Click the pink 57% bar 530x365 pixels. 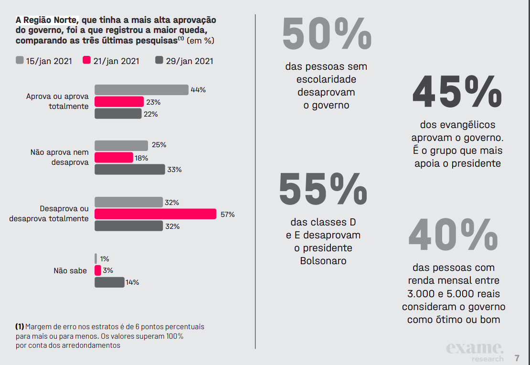click(x=155, y=214)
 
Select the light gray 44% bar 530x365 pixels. click(x=141, y=89)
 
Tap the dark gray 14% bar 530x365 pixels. click(x=109, y=282)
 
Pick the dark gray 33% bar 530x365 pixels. click(x=129, y=169)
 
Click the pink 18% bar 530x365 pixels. click(x=114, y=158)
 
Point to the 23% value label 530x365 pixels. click(x=153, y=102)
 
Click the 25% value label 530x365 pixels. click(x=159, y=145)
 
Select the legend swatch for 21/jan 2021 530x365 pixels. click(x=86, y=61)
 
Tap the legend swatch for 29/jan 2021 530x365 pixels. click(x=159, y=61)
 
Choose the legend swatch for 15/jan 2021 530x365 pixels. click(x=20, y=61)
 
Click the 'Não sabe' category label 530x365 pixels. click(x=70, y=271)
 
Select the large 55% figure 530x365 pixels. click(x=323, y=189)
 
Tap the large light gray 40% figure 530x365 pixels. click(x=453, y=235)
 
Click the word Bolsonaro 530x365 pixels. click(x=323, y=261)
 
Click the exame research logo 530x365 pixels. click(x=475, y=352)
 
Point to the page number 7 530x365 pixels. click(x=517, y=358)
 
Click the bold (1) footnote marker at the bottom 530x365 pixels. click(x=20, y=327)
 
